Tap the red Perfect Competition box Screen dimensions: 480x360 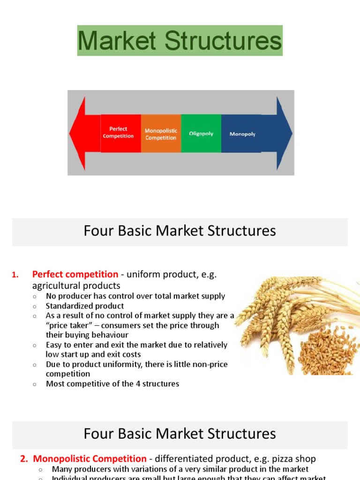[x=120, y=133]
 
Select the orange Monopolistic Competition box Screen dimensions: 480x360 [x=161, y=134]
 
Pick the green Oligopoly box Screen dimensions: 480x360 [x=201, y=134]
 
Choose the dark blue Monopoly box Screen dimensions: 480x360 [x=242, y=134]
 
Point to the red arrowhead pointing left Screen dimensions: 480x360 [x=78, y=134]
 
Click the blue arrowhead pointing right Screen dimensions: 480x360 [x=284, y=134]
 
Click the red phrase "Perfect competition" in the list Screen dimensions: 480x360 [x=75, y=275]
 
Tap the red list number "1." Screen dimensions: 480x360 [x=15, y=275]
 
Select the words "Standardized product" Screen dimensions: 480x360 [x=85, y=306]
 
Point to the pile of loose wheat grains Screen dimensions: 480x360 [x=323, y=350]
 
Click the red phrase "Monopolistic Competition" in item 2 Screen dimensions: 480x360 [x=90, y=459]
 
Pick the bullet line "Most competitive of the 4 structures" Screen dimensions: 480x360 [x=112, y=384]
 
